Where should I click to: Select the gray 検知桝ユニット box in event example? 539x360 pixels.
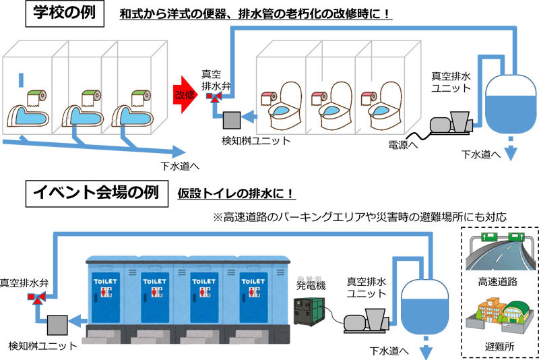click(57, 324)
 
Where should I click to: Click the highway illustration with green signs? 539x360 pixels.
click(497, 251)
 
